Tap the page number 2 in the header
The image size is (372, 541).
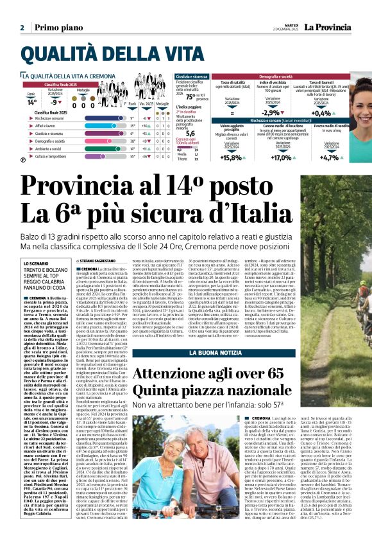[x=22, y=28]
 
